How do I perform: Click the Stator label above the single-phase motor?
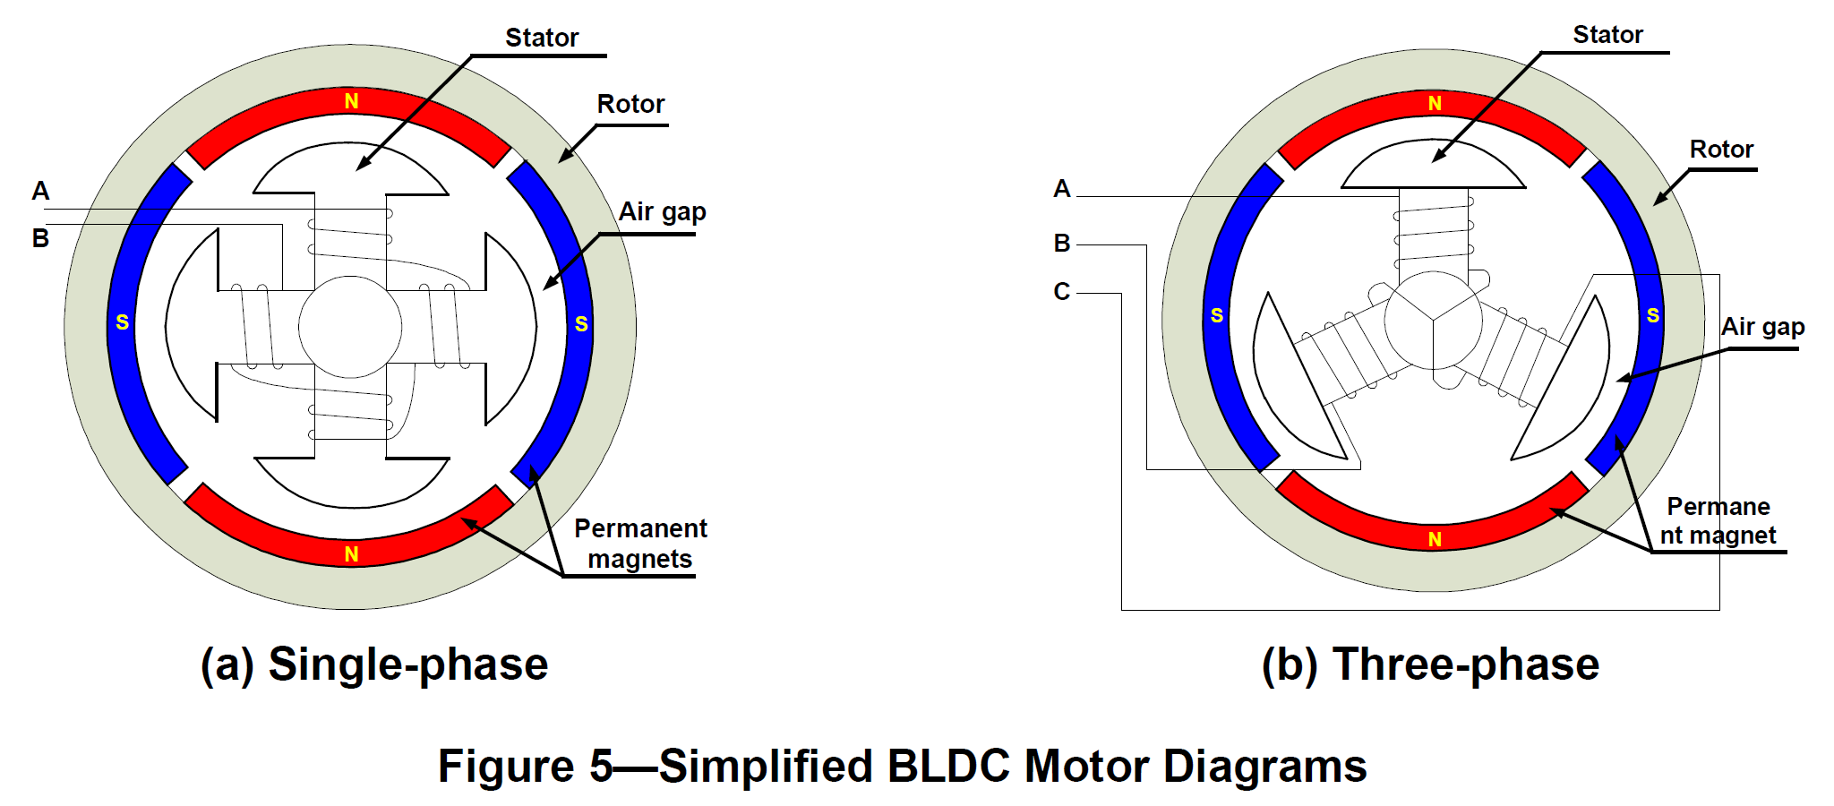tap(542, 38)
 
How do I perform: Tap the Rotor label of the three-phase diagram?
tap(1720, 150)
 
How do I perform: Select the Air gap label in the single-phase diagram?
tap(662, 212)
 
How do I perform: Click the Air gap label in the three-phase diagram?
tap(1762, 327)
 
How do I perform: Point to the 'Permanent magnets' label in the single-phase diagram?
tap(640, 544)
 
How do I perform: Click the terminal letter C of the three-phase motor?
tap(1062, 292)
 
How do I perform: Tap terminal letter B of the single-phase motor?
tap(40, 239)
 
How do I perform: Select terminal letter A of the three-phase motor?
tap(1062, 189)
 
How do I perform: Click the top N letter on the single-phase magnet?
tap(351, 102)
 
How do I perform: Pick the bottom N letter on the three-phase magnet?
tap(1435, 539)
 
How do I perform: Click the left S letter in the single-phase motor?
tap(123, 322)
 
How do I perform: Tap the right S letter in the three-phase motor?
tap(1653, 315)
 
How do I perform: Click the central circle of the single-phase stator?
tap(350, 327)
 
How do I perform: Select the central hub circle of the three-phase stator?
tap(1433, 321)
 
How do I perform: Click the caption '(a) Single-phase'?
tap(374, 665)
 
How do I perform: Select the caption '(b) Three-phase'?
tap(1430, 665)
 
